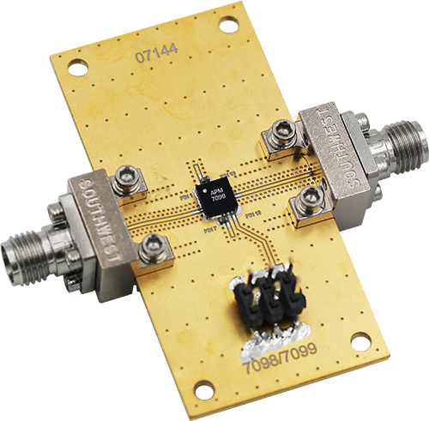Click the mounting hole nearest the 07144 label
point(78,66)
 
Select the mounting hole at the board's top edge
point(227,25)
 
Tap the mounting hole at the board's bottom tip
point(203,390)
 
